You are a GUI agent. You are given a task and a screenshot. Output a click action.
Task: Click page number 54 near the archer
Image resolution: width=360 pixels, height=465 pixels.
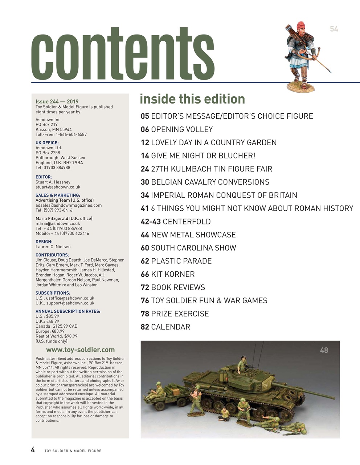pos(334,29)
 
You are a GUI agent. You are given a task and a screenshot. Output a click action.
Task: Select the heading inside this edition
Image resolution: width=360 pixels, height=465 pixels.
pos(192,99)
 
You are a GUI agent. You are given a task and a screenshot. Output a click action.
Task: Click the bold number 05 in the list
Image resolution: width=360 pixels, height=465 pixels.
pos(145,116)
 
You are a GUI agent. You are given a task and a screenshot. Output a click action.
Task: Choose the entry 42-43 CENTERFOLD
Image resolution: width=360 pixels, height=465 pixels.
pos(176,222)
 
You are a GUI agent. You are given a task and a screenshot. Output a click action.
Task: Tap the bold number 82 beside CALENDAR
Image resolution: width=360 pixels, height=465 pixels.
pos(145,327)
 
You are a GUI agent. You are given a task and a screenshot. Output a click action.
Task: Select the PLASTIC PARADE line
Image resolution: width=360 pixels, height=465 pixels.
pos(176,261)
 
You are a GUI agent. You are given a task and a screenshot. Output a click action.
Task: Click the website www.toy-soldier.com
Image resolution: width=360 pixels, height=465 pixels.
pos(80,350)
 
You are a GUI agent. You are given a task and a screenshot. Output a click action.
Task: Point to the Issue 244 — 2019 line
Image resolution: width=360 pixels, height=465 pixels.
pos(57,102)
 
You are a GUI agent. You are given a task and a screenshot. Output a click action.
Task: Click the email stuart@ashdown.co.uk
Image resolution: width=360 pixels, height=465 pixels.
pos(58,187)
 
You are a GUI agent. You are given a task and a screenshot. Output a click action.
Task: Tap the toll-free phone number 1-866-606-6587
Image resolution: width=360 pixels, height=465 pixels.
pos(71,134)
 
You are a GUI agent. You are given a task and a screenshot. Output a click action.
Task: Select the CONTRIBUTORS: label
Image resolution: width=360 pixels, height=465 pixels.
pos(52,255)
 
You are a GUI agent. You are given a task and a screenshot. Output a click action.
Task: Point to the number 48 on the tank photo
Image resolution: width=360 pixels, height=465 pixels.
pos(324,350)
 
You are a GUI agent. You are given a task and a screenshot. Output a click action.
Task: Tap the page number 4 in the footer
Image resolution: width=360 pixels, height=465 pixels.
pos(33,450)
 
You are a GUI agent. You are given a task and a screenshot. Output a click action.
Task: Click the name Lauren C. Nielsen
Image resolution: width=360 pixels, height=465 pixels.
pos(53,247)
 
